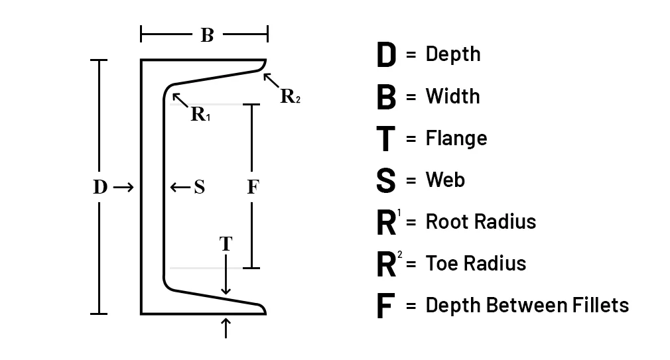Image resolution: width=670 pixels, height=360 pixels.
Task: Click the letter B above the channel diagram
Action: click(207, 35)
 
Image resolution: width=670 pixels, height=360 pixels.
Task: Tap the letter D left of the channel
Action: click(100, 188)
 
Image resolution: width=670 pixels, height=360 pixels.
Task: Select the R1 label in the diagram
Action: click(200, 114)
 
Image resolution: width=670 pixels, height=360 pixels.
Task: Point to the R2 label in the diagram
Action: click(290, 97)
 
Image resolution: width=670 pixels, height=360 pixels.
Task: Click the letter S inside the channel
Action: click(199, 188)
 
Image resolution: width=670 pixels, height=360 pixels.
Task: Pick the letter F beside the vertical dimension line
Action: click(251, 188)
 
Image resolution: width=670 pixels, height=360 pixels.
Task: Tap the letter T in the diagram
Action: click(226, 244)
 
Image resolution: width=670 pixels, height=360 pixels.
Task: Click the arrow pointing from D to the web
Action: click(123, 188)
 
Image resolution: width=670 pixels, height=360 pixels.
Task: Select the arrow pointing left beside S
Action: click(180, 188)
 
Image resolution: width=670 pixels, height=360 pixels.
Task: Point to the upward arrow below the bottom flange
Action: click(226, 328)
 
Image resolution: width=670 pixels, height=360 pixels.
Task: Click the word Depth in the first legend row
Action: click(453, 54)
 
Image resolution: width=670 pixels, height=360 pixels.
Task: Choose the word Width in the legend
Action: click(452, 96)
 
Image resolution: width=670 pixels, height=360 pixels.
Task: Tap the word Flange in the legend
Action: click(456, 138)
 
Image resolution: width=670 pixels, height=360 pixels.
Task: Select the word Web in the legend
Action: click(445, 180)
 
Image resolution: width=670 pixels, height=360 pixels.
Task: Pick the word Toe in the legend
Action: click(440, 263)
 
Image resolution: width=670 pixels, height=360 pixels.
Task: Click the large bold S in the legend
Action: click(385, 181)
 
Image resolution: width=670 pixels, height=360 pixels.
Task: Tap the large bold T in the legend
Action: click(385, 139)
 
